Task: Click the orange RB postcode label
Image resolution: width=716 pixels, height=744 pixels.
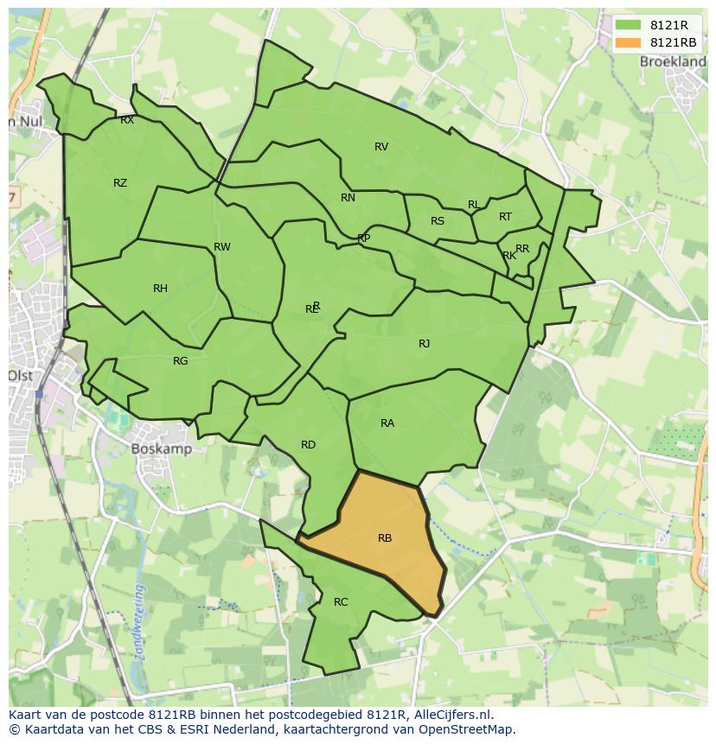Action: pos(385,538)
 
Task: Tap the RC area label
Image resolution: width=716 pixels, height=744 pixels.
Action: pos(341,602)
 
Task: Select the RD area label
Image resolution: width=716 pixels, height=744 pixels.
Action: pos(308,445)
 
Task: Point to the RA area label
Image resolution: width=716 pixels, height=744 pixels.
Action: pos(387,423)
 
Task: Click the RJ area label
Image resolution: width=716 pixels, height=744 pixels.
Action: pos(424,344)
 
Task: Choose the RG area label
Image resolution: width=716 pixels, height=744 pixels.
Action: pos(180,361)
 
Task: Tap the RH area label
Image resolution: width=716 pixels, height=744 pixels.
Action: pos(160,289)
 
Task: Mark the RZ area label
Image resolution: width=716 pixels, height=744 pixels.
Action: pos(120,183)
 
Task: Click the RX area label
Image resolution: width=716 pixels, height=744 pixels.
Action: pos(127,121)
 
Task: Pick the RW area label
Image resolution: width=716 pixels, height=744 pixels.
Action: pos(222,247)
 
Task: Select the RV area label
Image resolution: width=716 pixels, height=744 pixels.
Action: pos(381,147)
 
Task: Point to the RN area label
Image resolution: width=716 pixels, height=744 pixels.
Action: pos(348,198)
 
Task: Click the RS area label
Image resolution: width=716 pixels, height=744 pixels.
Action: pos(438,221)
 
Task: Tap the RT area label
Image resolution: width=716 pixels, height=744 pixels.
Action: pos(505,217)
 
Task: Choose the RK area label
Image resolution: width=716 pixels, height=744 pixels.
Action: pos(509,256)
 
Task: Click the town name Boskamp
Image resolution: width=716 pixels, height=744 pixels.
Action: pos(161,449)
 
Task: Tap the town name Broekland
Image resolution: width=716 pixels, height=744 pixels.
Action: pos(673,62)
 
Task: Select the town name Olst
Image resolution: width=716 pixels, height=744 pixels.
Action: pos(20,376)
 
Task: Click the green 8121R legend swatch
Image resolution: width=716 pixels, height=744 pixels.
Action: pos(628,26)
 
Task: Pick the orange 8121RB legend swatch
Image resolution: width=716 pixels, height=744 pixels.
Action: pos(628,42)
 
